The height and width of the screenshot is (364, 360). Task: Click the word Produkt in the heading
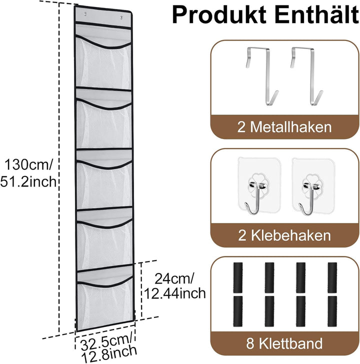point(219,15)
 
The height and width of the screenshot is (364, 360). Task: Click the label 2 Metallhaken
point(284,127)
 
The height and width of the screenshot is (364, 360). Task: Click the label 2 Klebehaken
point(284,235)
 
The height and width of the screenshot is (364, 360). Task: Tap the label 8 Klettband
point(284,343)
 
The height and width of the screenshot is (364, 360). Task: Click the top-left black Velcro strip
point(238,277)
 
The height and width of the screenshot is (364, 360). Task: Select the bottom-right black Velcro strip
point(332,311)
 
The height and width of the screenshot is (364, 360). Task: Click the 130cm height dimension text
point(28,164)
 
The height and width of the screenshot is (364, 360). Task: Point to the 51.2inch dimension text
point(28,181)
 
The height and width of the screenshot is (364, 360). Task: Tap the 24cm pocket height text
point(173,278)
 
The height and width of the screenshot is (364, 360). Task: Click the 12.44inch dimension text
point(175,293)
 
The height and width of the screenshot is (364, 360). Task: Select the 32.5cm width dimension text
point(107,341)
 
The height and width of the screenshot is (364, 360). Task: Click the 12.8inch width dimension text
point(109,354)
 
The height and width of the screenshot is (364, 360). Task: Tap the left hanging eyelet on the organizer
point(85,14)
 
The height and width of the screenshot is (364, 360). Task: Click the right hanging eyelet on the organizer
point(121,17)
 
